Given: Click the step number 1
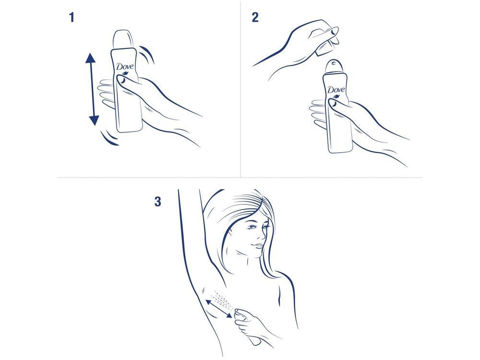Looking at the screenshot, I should pyautogui.click(x=72, y=18).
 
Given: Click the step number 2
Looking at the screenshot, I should pyautogui.click(x=255, y=18).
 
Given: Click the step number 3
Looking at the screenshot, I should pyautogui.click(x=157, y=202).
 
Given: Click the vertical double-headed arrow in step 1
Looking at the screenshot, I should pyautogui.click(x=92, y=90).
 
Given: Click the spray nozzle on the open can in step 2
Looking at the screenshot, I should pyautogui.click(x=333, y=64).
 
